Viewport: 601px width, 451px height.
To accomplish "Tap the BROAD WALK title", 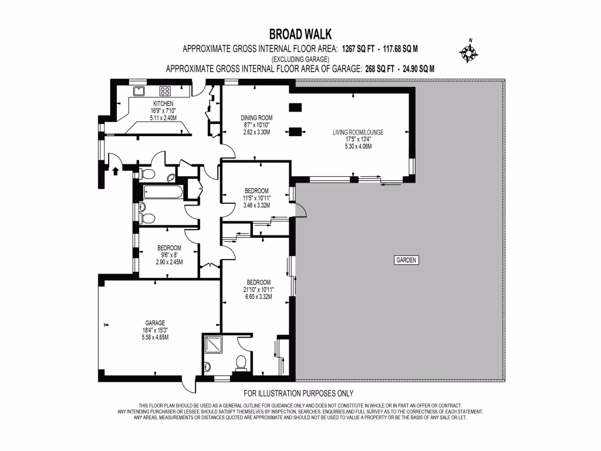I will click(x=300, y=35).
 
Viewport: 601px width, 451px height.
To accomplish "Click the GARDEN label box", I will click(x=406, y=260).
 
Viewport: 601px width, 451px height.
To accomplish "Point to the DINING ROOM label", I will click(x=257, y=117).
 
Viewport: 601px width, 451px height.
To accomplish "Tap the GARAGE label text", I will click(x=156, y=322).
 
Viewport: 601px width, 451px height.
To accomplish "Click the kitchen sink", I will click(x=140, y=91).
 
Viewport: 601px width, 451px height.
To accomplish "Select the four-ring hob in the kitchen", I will click(x=166, y=91).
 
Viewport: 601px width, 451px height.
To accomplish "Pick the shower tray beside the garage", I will click(x=212, y=344).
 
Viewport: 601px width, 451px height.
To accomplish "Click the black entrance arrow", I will click(x=115, y=171).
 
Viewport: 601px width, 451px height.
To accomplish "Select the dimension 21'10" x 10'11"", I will click(x=256, y=289).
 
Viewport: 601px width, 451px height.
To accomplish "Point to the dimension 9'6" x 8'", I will click(x=169, y=255).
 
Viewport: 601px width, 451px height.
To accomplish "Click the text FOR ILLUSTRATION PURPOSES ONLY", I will click(x=298, y=393).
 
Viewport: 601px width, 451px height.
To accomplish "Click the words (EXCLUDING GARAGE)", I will click(x=300, y=59).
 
